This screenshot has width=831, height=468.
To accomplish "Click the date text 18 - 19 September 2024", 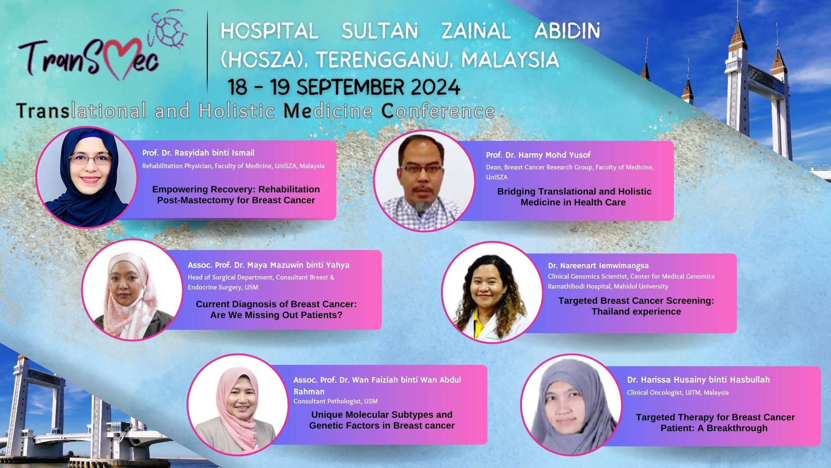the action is (x=344, y=87).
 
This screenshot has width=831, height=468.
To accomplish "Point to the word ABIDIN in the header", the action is (x=567, y=31).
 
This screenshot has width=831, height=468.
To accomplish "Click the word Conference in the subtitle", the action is (x=438, y=111).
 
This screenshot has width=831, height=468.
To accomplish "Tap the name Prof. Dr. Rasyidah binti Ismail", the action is (x=198, y=153).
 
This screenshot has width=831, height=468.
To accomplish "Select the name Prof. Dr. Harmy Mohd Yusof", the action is (x=538, y=155).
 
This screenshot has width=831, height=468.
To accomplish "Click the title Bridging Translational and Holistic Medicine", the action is (x=574, y=197).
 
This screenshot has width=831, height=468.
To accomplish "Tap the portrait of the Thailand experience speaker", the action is (x=492, y=292).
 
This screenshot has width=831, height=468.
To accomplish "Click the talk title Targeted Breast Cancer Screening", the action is (x=636, y=306).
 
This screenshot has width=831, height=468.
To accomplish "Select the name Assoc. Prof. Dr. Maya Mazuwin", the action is (x=268, y=265).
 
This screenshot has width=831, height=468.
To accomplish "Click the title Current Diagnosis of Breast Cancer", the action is (x=276, y=309).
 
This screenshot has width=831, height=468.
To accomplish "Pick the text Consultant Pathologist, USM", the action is (x=335, y=401).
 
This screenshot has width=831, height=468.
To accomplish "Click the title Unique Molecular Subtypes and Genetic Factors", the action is (x=382, y=420).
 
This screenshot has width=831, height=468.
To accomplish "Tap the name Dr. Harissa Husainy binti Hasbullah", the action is (x=699, y=380).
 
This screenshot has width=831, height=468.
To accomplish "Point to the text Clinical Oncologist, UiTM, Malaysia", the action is (x=678, y=393).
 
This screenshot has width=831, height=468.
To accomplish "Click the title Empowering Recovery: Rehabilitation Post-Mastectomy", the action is (x=236, y=195).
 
